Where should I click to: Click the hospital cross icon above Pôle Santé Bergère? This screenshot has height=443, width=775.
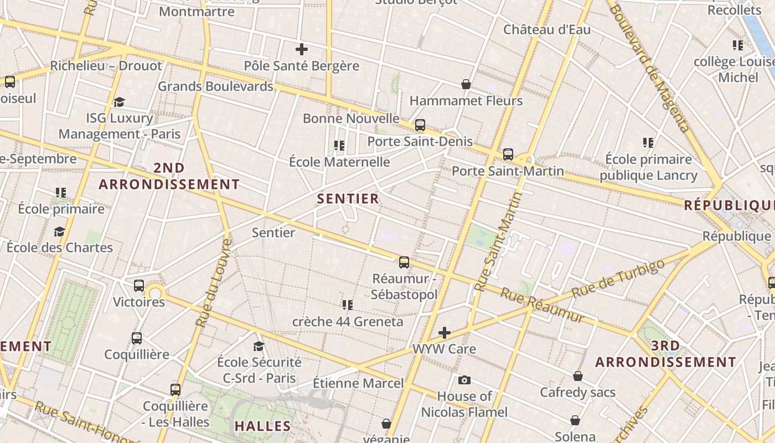tap(302, 49)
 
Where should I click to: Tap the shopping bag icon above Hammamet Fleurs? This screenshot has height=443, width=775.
tap(466, 84)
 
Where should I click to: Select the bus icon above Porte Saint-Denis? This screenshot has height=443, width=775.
tap(420, 125)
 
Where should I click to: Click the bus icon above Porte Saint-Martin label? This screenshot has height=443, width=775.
tap(508, 154)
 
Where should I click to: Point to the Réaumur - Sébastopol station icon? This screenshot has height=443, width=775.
tap(404, 262)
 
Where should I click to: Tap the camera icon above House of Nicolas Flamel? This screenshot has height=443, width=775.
tap(464, 380)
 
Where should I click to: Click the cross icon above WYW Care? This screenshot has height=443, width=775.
tap(444, 333)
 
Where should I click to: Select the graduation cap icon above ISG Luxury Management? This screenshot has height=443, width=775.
tap(119, 102)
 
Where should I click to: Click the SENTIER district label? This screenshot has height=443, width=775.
tap(348, 199)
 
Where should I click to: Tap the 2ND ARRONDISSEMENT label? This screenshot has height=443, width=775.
tap(169, 176)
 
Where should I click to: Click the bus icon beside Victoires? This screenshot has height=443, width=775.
tap(139, 286)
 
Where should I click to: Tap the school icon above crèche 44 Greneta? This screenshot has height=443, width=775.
tap(348, 305)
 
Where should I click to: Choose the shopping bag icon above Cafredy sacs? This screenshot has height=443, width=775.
tap(578, 376)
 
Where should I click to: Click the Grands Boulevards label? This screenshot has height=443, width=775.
tap(216, 86)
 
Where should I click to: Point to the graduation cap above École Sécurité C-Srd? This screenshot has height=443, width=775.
tap(259, 346)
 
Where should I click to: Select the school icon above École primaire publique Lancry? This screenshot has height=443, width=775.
tap(648, 143)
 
